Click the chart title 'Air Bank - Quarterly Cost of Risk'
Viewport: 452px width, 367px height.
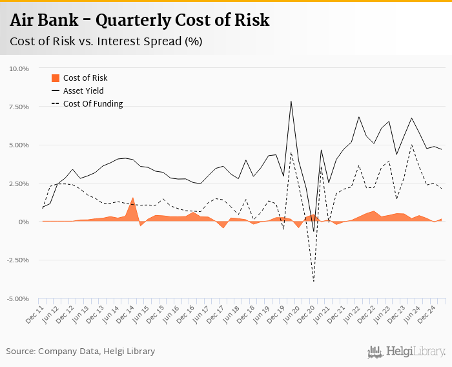point(139,21)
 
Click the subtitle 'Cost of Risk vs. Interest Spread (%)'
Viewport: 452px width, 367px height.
point(106,42)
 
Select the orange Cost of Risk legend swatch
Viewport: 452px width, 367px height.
point(55,78)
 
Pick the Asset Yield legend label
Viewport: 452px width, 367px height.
point(83,91)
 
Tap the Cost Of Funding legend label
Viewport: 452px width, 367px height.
point(93,104)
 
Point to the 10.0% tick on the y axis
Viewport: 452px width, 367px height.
point(19,68)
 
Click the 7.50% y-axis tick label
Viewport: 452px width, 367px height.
point(19,107)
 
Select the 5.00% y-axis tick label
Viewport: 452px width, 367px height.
point(19,145)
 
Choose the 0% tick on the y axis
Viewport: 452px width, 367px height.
point(25,222)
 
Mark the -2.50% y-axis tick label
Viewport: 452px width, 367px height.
point(18,260)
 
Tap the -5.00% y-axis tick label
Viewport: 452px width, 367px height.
point(18,299)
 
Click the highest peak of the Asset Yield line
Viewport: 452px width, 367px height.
point(291,101)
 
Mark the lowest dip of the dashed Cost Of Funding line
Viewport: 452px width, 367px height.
point(314,281)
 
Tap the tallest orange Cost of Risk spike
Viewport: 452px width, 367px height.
point(133,198)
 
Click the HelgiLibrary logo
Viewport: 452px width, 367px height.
point(406,351)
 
